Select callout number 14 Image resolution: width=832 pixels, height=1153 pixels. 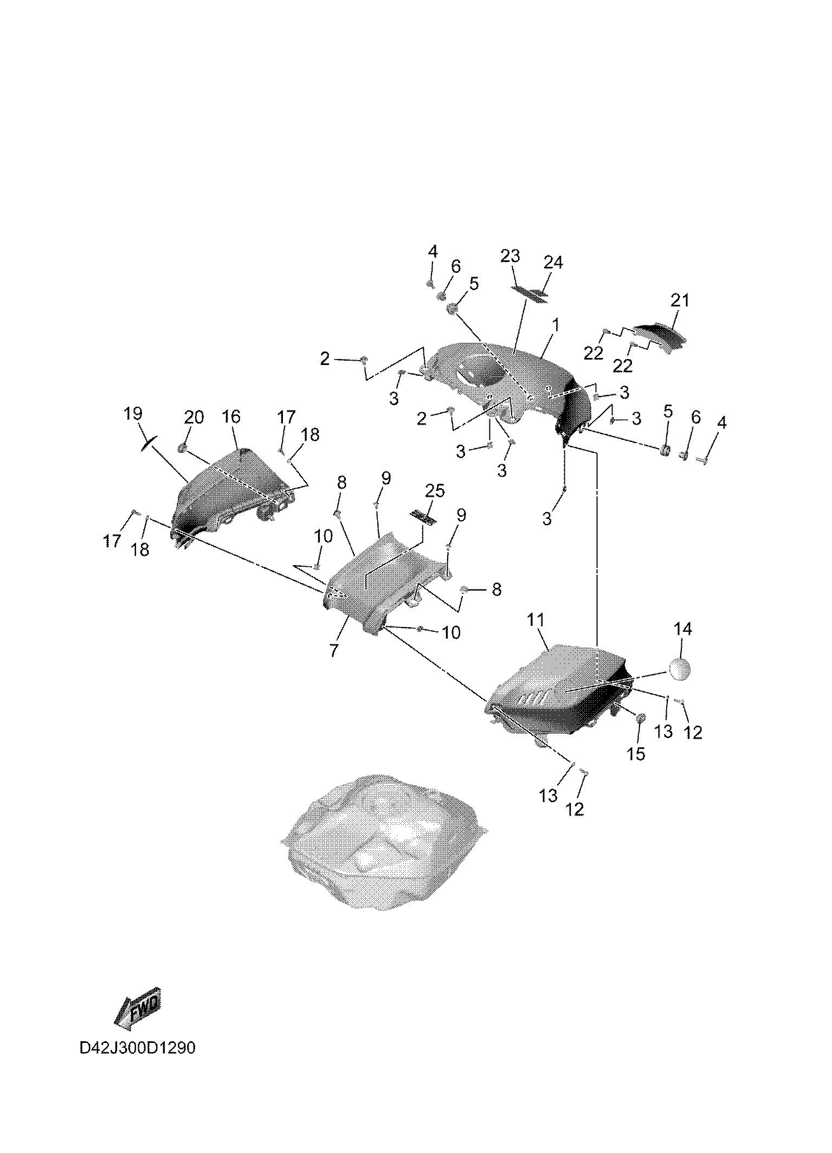pos(683,629)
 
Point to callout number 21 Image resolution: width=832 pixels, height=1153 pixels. pos(680,300)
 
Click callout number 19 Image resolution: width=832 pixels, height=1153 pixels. pos(133,414)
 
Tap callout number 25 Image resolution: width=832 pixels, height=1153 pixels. pos(435,490)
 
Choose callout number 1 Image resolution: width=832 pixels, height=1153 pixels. pos(555,325)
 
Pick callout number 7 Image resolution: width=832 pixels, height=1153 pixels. pos(333,650)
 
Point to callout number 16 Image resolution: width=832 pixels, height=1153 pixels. pos(231,417)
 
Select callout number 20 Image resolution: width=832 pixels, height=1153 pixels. pos(194,417)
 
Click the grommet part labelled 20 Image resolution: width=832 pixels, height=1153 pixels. pos(183,447)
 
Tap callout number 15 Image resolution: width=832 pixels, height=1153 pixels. pos(636,753)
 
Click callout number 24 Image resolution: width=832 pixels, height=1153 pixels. pos(553,262)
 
